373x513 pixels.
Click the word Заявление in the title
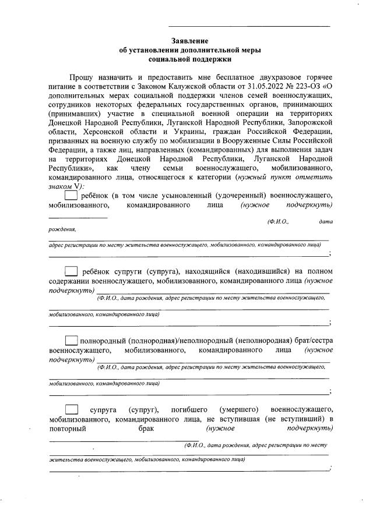coord(189,41)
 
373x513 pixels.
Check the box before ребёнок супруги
coord(71,271)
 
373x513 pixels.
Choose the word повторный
coord(68,429)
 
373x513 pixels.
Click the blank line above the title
coord(249,26)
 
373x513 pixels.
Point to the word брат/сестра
coord(309,341)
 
